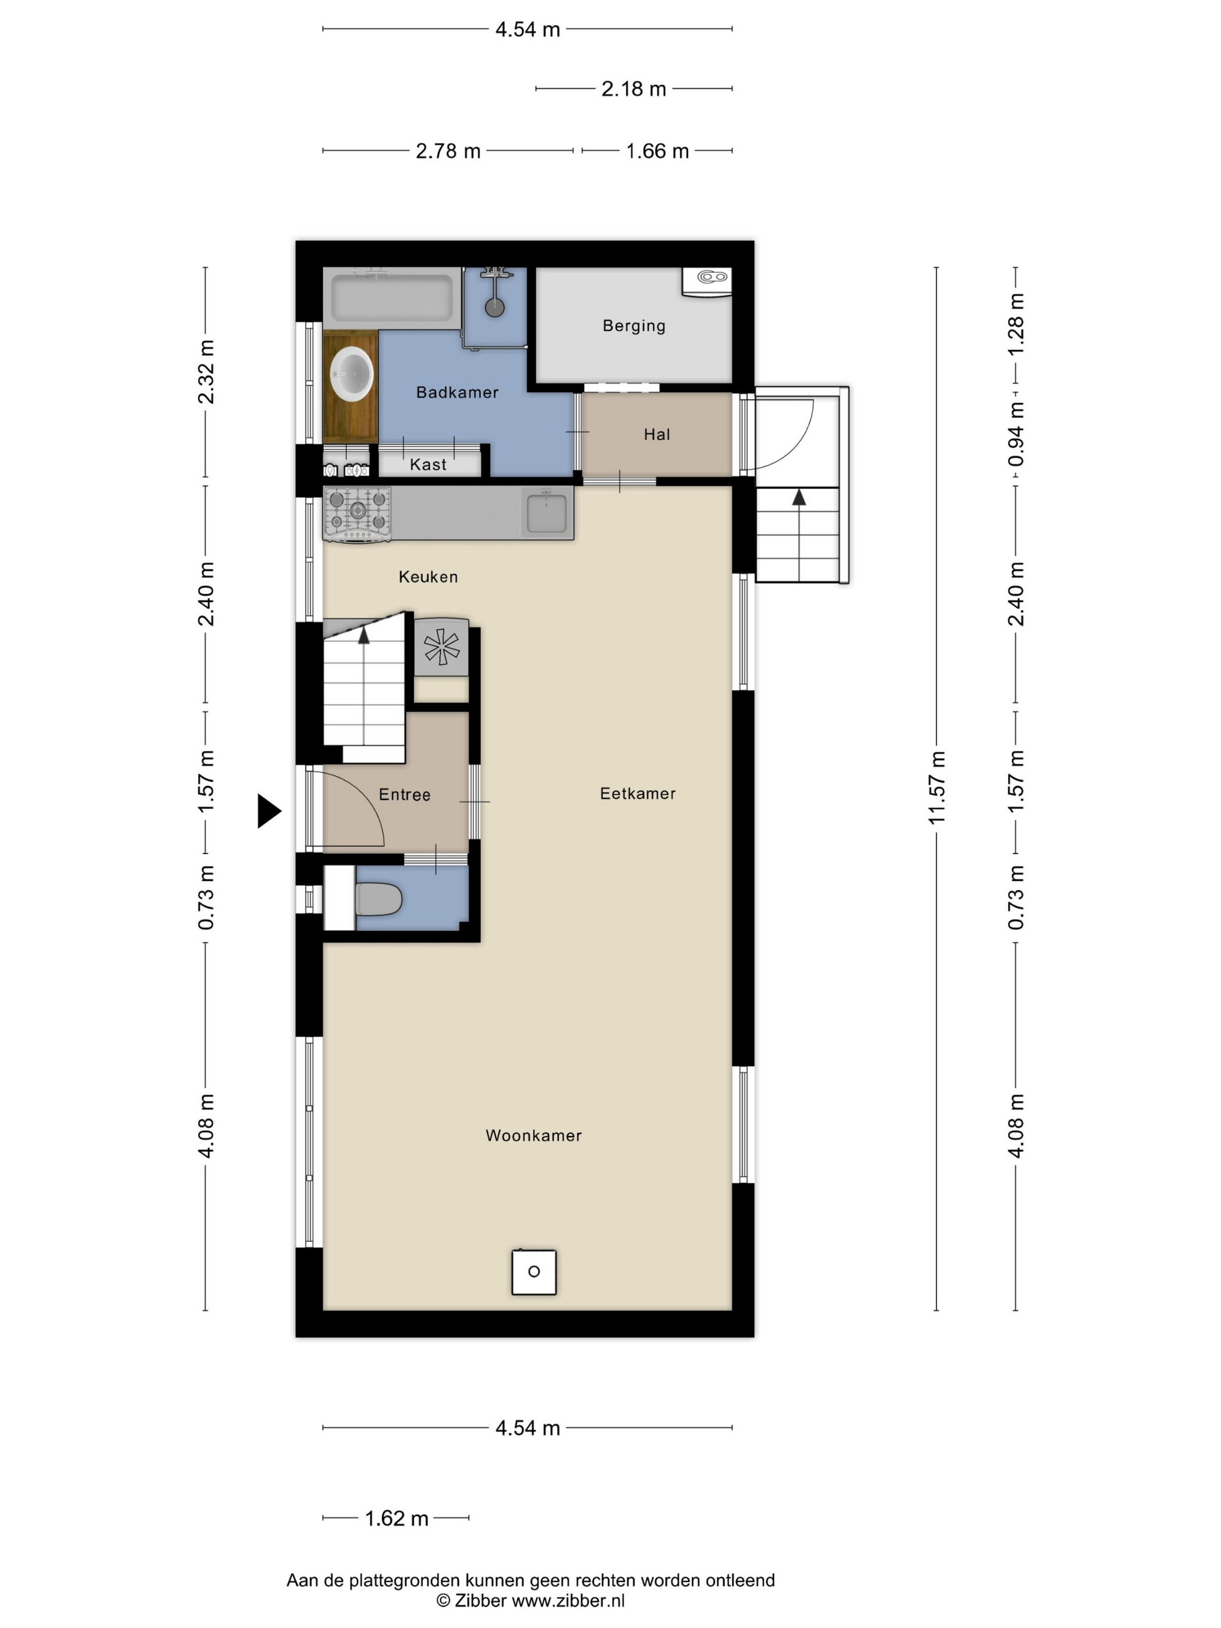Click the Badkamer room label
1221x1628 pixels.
(457, 392)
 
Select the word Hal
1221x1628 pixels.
(656, 434)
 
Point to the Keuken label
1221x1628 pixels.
(427, 577)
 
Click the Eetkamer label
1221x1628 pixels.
(637, 794)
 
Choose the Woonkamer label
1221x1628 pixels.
(534, 1136)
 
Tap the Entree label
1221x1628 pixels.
(404, 795)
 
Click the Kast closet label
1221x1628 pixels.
(427, 465)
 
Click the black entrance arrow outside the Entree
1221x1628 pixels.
(269, 812)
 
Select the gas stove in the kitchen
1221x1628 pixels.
(357, 515)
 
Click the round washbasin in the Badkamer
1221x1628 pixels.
(352, 374)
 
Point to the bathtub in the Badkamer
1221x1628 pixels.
(391, 297)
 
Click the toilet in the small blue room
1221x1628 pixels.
(379, 899)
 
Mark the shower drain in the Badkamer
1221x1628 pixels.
(495, 308)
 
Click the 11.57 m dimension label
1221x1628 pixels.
(936, 787)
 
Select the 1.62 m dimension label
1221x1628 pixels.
(397, 1518)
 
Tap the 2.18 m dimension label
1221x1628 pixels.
(634, 89)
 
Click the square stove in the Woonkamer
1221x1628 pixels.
(534, 1271)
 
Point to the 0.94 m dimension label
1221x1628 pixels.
(1016, 434)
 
